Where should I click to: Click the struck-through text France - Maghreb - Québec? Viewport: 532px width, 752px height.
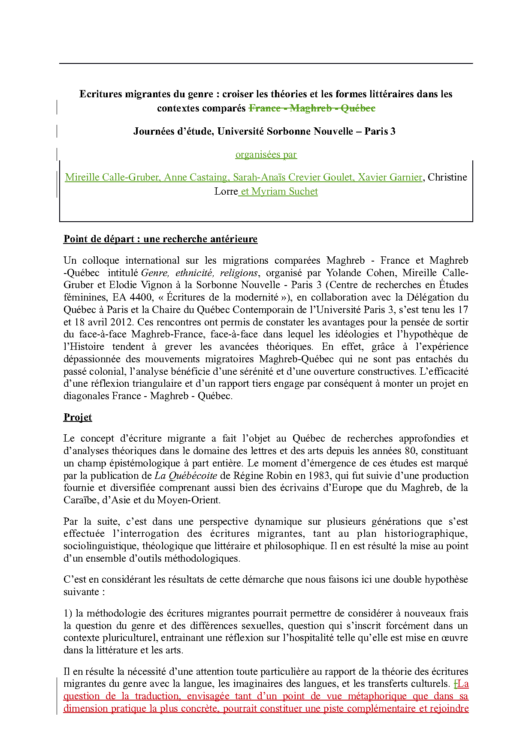(312, 108)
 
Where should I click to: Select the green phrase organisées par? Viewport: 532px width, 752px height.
(266, 154)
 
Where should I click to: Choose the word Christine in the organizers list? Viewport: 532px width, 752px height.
(447, 177)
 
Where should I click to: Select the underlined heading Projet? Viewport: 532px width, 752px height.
(78, 417)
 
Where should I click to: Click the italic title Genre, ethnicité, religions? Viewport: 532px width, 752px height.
(199, 273)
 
